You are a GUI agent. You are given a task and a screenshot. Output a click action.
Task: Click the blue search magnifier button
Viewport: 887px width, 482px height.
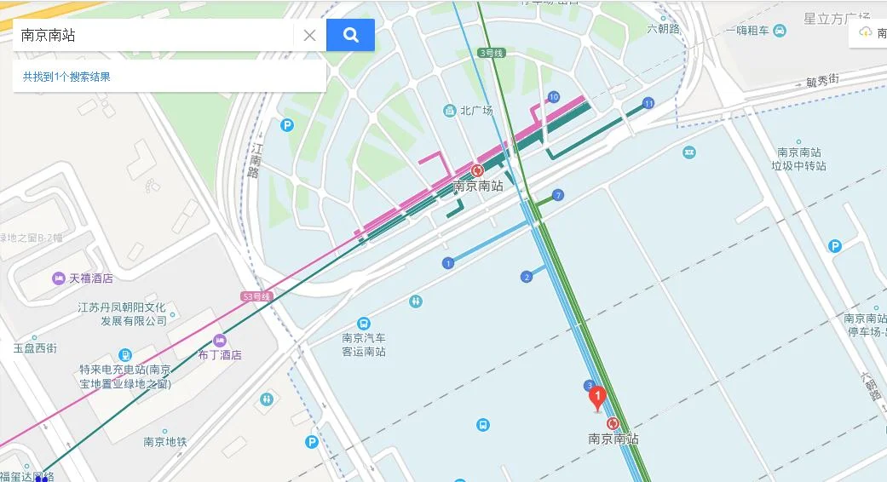(x=350, y=35)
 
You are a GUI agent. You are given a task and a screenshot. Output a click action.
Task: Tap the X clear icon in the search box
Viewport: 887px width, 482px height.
(x=309, y=35)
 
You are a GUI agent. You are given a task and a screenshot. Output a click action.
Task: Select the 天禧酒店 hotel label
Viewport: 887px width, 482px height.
(x=90, y=278)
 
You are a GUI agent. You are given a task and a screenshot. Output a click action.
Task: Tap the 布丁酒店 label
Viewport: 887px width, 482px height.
(x=220, y=354)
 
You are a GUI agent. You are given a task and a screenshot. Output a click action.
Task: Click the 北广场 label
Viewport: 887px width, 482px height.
(x=477, y=111)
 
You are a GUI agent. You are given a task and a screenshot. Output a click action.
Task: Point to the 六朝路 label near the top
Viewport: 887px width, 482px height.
(x=664, y=28)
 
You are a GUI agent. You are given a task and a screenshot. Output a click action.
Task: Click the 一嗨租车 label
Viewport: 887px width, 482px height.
(x=747, y=31)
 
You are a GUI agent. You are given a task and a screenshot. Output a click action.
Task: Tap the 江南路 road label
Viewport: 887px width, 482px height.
(x=255, y=159)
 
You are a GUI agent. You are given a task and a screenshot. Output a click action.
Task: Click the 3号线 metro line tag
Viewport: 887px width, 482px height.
(x=492, y=53)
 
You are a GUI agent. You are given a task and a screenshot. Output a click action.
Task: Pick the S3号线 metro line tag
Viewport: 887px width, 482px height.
(x=256, y=296)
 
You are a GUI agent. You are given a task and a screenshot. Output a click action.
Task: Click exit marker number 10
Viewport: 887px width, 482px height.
(x=554, y=96)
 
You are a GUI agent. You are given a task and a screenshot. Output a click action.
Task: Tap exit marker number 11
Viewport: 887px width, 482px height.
(x=648, y=103)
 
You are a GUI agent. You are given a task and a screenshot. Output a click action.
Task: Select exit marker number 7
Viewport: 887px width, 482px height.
(x=558, y=195)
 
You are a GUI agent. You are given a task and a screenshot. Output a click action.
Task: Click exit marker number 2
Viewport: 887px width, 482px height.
(x=527, y=277)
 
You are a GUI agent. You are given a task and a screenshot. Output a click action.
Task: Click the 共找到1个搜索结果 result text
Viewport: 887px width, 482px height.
(x=66, y=77)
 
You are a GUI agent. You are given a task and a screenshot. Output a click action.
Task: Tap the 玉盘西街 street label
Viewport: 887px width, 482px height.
(x=35, y=348)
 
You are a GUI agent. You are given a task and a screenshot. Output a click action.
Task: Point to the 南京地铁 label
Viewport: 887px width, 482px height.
(x=164, y=441)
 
